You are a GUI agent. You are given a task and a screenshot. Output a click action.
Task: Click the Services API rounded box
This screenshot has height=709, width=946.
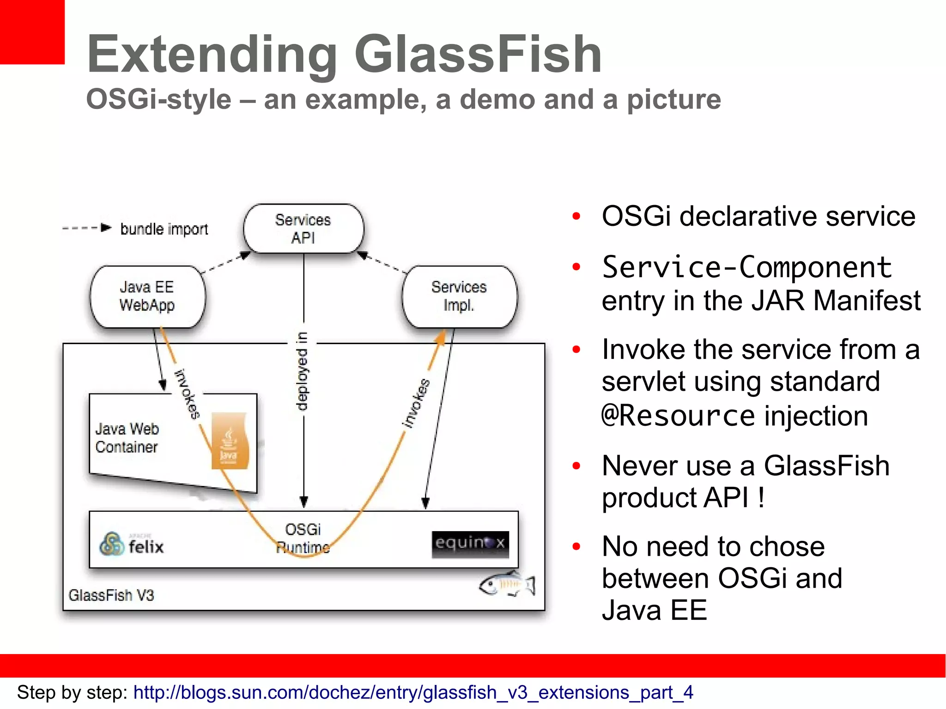click(303, 229)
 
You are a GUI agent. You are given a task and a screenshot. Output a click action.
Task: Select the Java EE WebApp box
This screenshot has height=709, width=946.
click(147, 296)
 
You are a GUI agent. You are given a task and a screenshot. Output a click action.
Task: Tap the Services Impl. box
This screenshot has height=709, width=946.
click(459, 296)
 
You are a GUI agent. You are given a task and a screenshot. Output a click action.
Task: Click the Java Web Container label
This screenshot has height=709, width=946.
click(127, 437)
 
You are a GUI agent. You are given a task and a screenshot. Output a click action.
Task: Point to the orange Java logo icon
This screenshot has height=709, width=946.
click(229, 441)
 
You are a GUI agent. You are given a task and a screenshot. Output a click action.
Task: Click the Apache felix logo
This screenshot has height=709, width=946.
click(132, 545)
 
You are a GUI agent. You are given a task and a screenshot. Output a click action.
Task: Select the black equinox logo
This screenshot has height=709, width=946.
click(470, 544)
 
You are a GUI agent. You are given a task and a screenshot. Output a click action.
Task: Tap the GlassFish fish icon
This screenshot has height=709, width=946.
click(507, 585)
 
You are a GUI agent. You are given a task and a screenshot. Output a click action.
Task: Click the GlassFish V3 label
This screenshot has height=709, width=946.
click(111, 595)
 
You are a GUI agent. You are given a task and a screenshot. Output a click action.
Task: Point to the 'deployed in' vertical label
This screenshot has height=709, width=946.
click(302, 371)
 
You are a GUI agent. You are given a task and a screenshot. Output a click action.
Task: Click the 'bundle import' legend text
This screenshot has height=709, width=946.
click(164, 229)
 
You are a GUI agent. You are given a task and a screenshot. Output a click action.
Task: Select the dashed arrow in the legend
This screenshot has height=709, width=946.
click(86, 228)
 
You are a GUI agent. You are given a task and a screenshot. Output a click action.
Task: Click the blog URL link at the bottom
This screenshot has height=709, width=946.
click(413, 692)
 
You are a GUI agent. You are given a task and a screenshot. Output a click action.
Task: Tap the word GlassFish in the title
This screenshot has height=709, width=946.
click(478, 54)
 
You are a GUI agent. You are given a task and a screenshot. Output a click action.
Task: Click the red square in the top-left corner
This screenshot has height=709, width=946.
click(31, 31)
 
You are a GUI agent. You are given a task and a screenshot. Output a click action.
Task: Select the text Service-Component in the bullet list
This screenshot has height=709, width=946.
click(746, 267)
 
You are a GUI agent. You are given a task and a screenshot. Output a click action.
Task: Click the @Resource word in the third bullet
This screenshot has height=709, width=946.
click(678, 416)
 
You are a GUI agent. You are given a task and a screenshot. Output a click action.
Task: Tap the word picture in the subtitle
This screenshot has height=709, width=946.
click(673, 99)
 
